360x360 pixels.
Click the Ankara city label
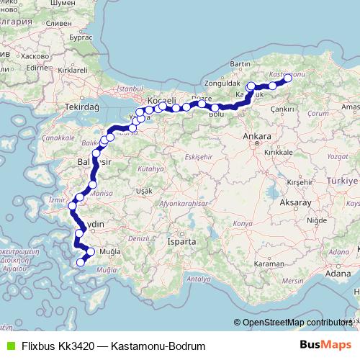pos(257,136)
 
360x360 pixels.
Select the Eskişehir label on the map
pos(195,156)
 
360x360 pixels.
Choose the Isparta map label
pos(183,242)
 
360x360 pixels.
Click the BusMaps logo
pos(331,346)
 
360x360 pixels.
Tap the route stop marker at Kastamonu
pos(287,78)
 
